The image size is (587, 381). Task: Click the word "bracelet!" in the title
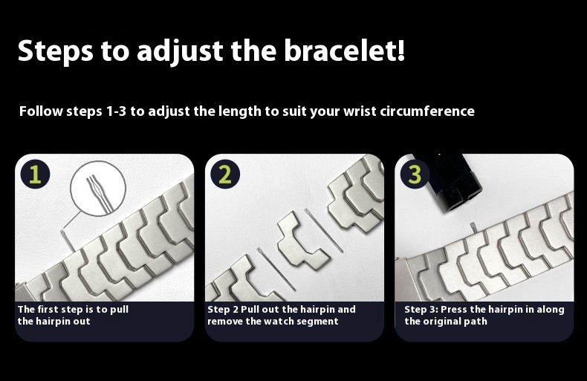click(344, 51)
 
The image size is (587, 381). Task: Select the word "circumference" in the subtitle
click(427, 111)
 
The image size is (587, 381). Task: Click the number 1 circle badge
click(35, 175)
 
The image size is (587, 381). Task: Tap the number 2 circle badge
click(225, 175)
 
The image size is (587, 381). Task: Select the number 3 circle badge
click(415, 175)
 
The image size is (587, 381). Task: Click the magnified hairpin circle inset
click(98, 189)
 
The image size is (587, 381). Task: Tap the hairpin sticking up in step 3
click(473, 227)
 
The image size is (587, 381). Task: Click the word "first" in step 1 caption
click(48, 309)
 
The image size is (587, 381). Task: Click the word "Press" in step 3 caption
click(454, 310)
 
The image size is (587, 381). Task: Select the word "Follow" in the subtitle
click(41, 111)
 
